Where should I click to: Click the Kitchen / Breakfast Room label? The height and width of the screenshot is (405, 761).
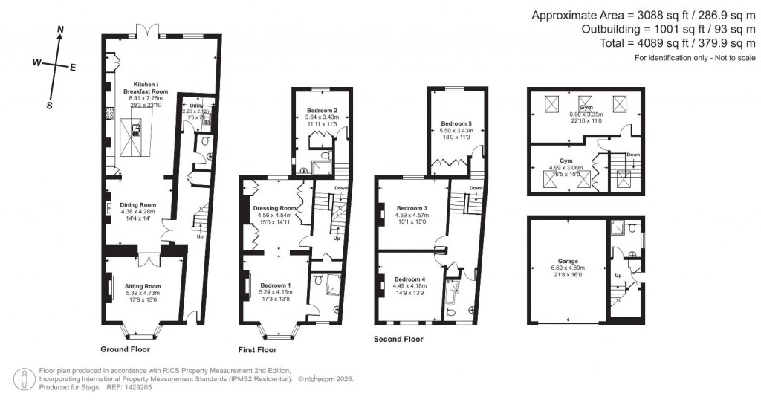139,87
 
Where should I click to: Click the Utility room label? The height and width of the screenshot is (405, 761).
196,106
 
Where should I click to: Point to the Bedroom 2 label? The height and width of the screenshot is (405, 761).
322,110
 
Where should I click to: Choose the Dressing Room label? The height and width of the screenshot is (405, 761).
271,208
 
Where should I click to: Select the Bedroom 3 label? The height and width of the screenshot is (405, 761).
411,208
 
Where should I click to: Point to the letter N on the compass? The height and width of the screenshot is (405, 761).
60,30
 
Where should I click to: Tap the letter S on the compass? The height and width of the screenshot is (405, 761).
49,105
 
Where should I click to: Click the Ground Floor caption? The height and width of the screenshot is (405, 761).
125,349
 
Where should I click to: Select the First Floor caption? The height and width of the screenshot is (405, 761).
257,349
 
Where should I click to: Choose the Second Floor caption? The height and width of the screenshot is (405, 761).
398,339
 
